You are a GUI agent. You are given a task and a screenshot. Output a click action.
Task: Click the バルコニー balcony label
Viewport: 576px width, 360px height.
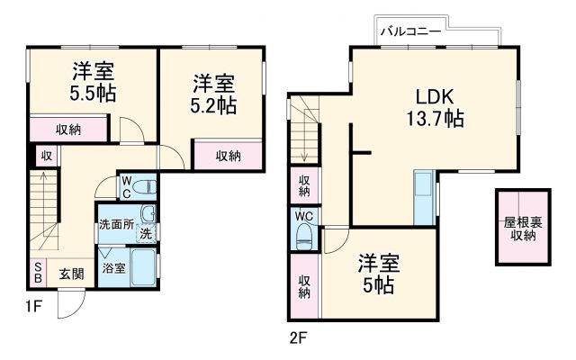click(x=409, y=31)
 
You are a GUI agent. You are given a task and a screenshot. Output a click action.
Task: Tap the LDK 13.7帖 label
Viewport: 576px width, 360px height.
click(x=438, y=107)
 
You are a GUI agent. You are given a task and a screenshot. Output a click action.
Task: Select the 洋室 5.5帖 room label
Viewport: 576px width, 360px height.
click(x=92, y=82)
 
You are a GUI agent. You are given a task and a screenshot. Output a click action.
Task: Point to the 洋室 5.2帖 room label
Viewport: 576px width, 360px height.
click(x=214, y=95)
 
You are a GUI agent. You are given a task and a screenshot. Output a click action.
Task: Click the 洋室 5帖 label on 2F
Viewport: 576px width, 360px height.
click(x=377, y=274)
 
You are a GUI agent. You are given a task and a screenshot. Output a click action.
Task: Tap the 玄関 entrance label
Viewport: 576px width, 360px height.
click(x=71, y=274)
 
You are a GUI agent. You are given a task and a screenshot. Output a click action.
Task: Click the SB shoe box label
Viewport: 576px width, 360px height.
click(x=38, y=273)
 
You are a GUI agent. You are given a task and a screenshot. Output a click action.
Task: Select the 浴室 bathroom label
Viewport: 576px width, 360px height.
click(x=112, y=268)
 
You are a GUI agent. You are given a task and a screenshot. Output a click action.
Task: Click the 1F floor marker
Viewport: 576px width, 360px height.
click(x=33, y=305)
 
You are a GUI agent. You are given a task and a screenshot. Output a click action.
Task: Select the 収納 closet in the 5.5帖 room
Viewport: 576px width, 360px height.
click(x=68, y=129)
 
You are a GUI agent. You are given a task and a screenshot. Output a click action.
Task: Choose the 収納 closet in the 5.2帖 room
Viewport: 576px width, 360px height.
click(x=228, y=155)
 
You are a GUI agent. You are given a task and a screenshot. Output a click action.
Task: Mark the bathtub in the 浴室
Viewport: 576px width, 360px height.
click(x=142, y=267)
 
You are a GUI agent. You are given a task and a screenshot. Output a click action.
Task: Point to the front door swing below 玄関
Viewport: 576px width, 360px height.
click(x=69, y=306)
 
